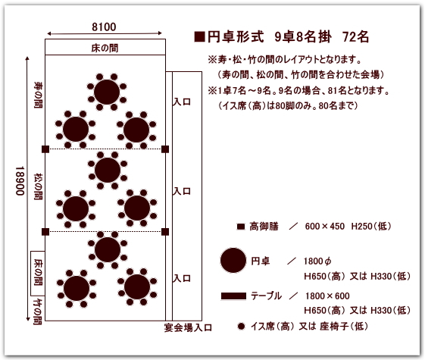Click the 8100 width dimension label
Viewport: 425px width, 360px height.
[104, 27]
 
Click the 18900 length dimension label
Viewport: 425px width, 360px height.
[20, 181]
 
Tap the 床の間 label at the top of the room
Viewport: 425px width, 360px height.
[105, 49]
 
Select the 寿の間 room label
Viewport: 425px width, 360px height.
[38, 95]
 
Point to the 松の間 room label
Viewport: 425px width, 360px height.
[38, 186]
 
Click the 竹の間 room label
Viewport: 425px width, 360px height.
[38, 311]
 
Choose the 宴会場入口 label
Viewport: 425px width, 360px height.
[188, 327]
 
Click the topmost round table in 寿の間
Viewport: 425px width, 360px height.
[107, 92]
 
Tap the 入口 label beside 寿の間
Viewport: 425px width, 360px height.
[182, 102]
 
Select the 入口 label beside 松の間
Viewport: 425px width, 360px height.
[182, 192]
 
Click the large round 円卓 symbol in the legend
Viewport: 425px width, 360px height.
[233, 260]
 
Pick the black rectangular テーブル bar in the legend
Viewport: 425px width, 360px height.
[233, 296]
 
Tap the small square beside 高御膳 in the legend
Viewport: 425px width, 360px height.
[241, 227]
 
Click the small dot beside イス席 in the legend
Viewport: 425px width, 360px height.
[241, 327]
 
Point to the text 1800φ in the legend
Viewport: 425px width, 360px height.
[317, 261]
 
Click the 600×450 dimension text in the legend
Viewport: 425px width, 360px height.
[325, 226]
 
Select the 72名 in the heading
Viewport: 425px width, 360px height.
[355, 37]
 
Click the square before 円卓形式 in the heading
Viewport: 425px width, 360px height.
[199, 37]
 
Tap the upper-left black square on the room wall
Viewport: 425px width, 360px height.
[45, 149]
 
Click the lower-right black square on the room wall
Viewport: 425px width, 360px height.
[165, 232]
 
